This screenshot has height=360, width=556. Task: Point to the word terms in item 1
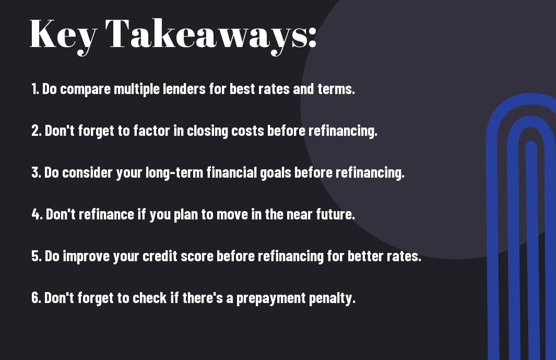pyautogui.click(x=336, y=89)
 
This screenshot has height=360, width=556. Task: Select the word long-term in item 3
pyautogui.click(x=174, y=173)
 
